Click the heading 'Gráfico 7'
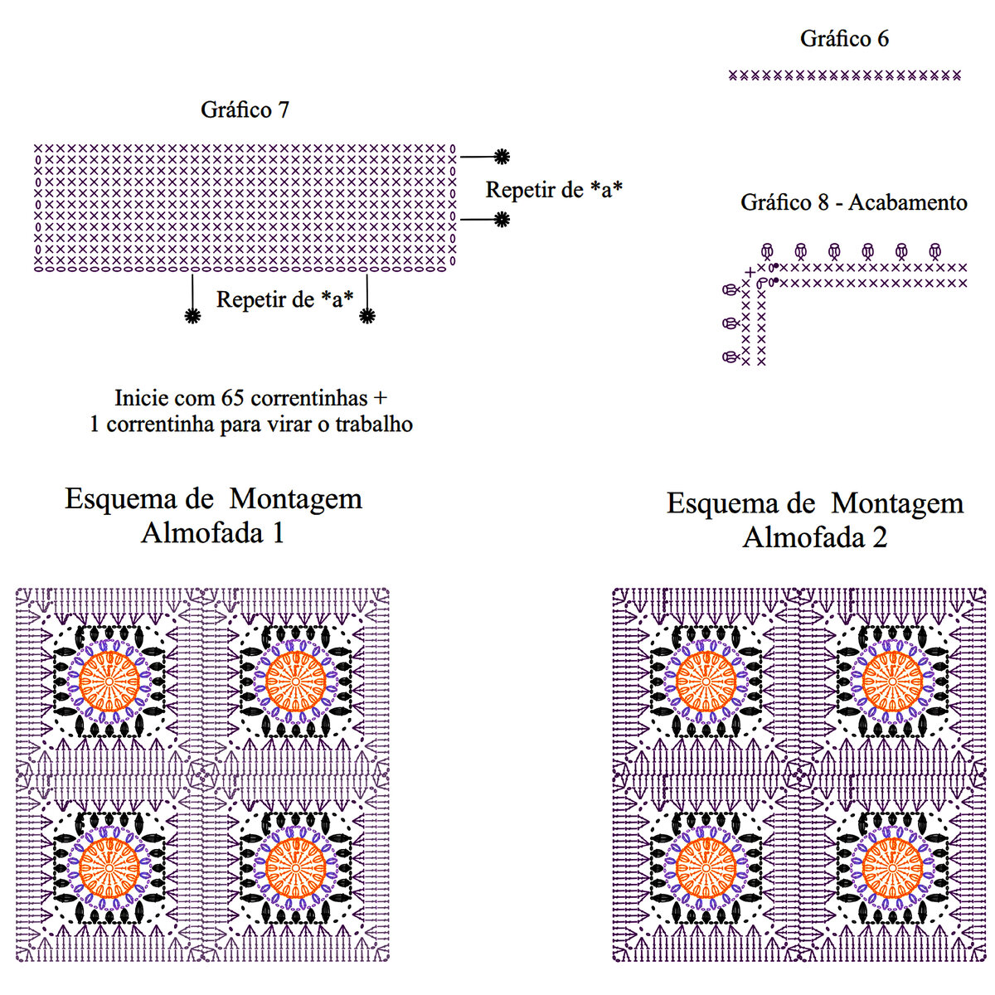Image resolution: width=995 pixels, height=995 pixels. coord(245,109)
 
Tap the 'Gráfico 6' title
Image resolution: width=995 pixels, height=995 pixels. coord(844,38)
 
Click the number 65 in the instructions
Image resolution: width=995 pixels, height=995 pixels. coord(231,397)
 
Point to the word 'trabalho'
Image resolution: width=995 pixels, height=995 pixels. coord(373,424)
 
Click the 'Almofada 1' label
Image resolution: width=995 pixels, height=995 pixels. coord(213,532)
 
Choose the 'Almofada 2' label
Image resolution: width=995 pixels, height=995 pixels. coord(814,537)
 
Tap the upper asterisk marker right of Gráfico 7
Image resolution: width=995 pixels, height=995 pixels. coord(502,156)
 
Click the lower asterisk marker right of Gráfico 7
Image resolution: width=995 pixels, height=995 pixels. coord(502,219)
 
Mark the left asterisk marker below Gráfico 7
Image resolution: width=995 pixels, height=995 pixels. coord(192,316)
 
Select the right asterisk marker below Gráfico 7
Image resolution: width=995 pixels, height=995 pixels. coord(367,316)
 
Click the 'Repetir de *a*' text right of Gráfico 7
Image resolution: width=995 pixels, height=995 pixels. coord(554,190)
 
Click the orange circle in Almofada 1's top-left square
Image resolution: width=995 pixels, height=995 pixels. coord(109,682)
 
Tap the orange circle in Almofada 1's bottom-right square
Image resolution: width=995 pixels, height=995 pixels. coord(294,868)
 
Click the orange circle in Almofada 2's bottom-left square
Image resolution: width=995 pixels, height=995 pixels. coord(705,868)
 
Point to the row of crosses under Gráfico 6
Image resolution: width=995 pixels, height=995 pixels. coord(844,75)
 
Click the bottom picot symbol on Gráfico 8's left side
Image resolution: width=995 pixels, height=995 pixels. coord(730,357)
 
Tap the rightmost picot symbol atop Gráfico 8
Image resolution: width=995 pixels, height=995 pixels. coord(935,250)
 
